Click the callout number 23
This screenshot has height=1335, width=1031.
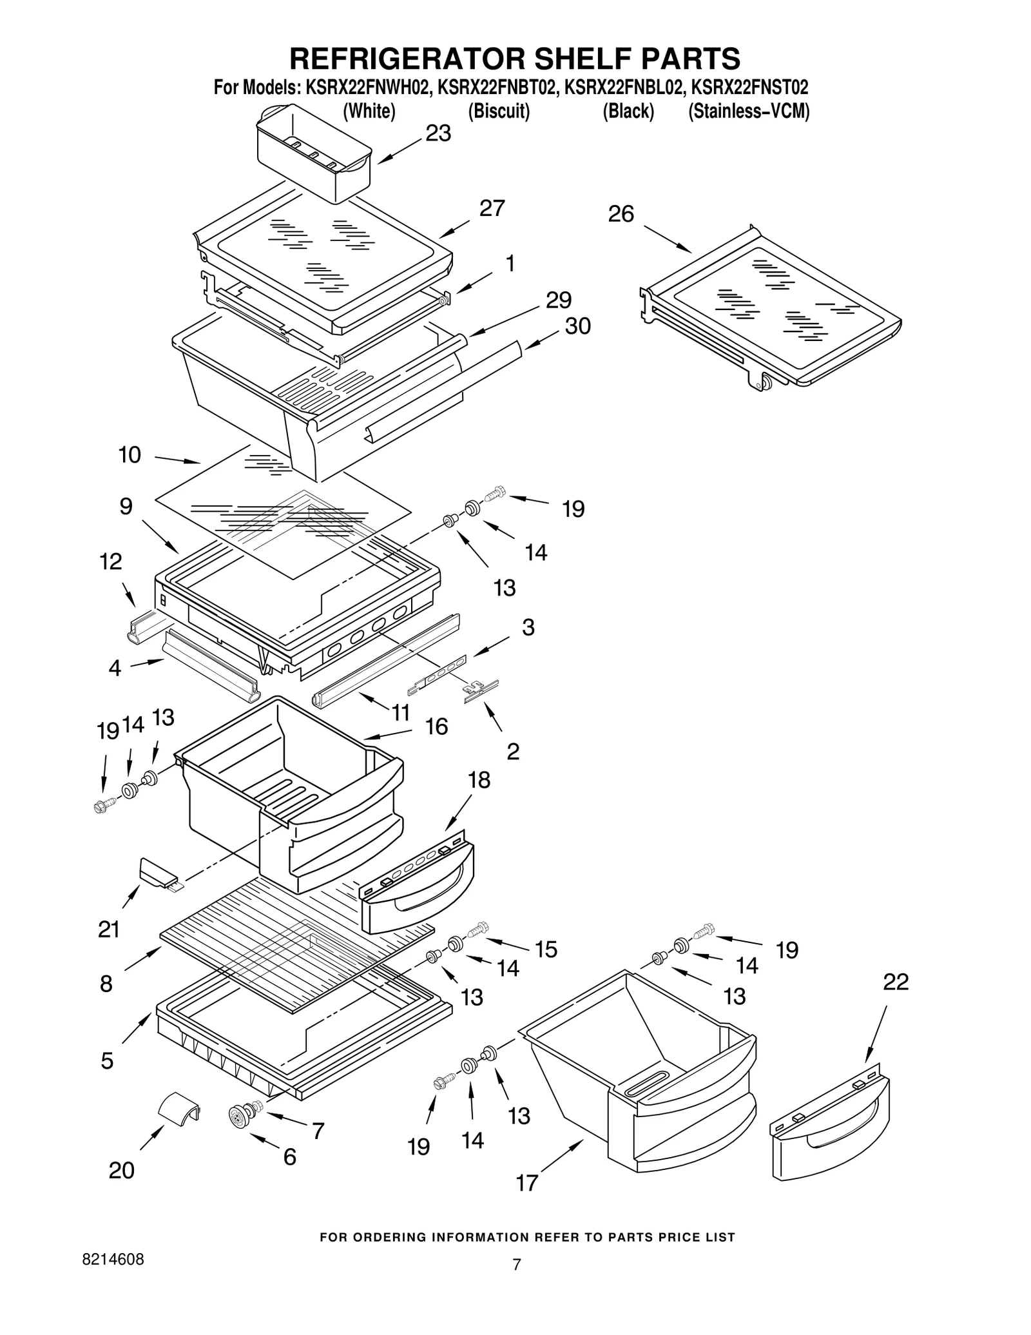(x=438, y=133)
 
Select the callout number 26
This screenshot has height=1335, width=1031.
(x=621, y=214)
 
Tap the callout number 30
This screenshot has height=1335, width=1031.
(x=577, y=326)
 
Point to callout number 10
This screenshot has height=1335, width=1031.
(x=130, y=455)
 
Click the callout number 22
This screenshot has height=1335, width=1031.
(x=896, y=982)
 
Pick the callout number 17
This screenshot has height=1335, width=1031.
(x=526, y=1183)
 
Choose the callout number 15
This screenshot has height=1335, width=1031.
(x=546, y=950)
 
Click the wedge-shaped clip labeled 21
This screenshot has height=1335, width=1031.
(x=157, y=871)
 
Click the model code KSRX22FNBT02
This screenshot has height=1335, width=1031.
(x=497, y=88)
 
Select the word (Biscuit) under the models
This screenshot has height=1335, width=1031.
(x=498, y=112)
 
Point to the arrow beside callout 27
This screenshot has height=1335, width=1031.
(x=454, y=229)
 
